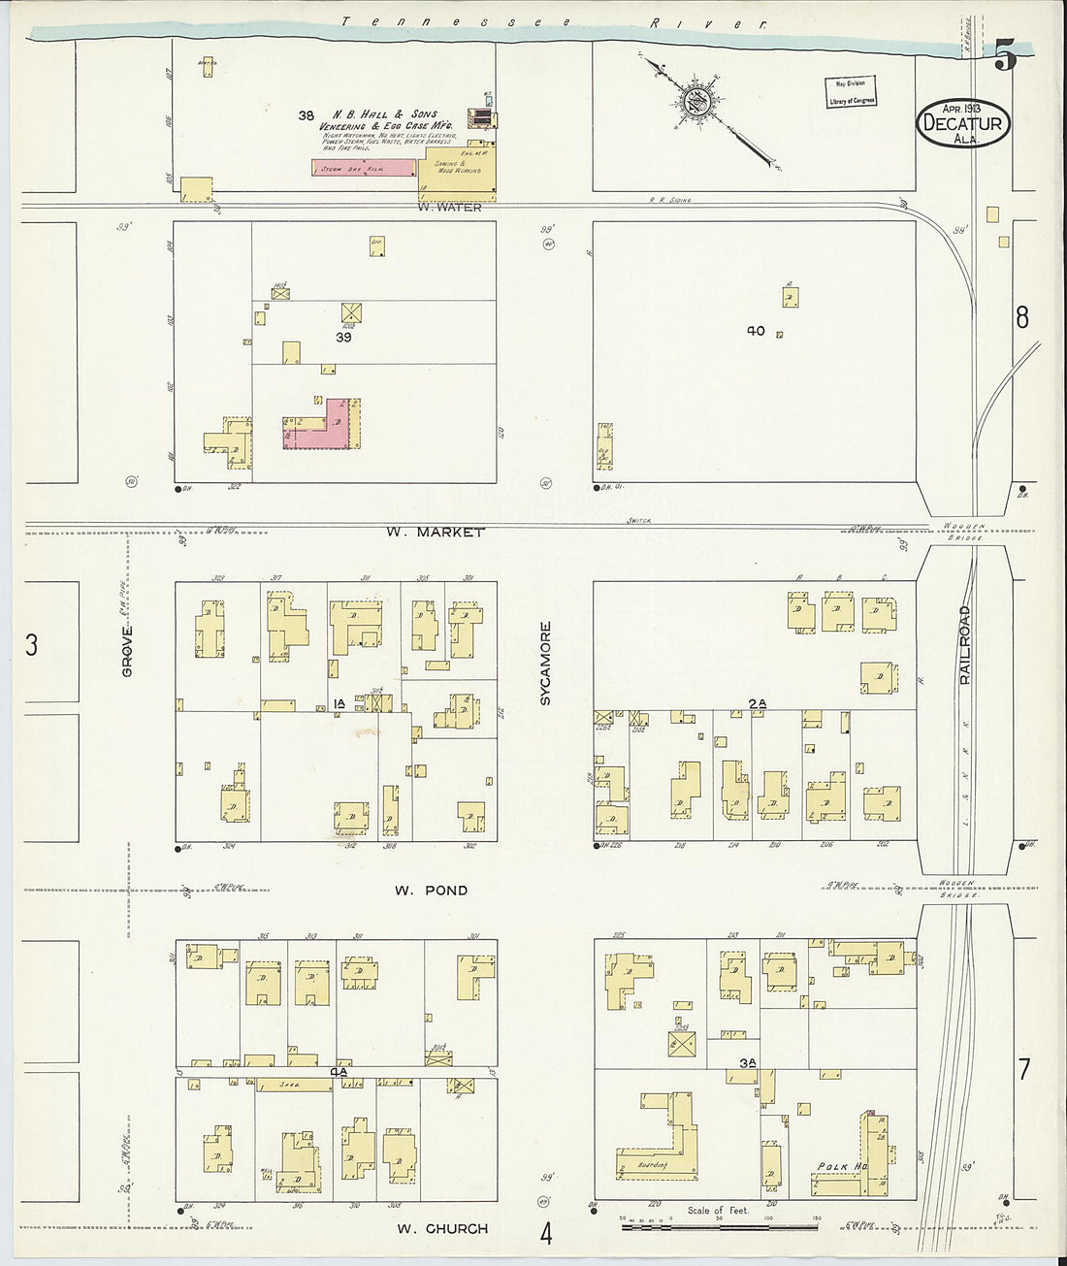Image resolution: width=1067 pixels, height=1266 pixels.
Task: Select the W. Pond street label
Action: click(x=432, y=890)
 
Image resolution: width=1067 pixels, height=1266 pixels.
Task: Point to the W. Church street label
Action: click(x=443, y=1228)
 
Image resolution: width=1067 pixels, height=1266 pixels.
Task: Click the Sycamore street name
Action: click(x=545, y=663)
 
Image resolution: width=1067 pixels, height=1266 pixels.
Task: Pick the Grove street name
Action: click(x=127, y=651)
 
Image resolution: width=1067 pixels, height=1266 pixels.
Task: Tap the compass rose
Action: click(x=705, y=100)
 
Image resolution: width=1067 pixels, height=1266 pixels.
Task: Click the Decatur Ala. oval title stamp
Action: click(x=963, y=124)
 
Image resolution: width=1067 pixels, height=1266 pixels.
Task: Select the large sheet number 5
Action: click(x=1005, y=58)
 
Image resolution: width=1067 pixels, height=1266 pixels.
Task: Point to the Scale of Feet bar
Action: click(x=718, y=1227)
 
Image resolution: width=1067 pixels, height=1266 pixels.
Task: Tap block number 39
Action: click(x=343, y=338)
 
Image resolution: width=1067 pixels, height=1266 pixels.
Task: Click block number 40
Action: click(x=756, y=331)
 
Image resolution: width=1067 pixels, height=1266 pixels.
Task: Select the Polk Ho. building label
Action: click(x=835, y=1166)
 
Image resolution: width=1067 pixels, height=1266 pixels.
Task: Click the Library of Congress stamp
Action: click(x=851, y=92)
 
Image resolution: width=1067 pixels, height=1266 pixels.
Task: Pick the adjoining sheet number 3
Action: click(x=31, y=645)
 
